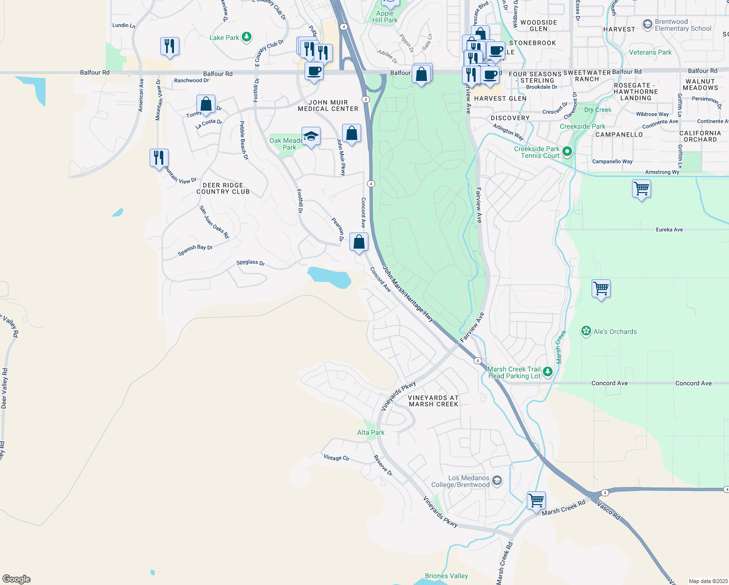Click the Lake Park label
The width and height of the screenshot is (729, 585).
(x=225, y=38)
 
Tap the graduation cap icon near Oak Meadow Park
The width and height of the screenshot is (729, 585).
(x=311, y=136)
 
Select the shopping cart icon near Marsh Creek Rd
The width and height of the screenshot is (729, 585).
(x=536, y=500)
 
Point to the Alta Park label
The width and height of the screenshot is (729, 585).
(x=371, y=433)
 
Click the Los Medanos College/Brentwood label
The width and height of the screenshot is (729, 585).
(x=460, y=482)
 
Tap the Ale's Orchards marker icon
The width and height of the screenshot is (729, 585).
(x=586, y=331)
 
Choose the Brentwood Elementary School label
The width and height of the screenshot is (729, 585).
(x=683, y=25)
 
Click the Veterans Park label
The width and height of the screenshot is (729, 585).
(x=650, y=52)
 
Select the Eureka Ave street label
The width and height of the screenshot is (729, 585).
(x=669, y=230)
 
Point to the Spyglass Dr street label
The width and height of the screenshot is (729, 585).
(x=250, y=263)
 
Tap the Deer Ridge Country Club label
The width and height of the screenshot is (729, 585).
(x=223, y=189)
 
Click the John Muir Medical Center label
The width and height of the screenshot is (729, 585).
(x=328, y=106)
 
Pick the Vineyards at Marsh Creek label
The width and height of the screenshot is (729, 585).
(x=433, y=401)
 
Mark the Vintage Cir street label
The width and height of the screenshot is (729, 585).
(x=336, y=458)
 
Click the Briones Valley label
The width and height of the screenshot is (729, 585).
(x=446, y=576)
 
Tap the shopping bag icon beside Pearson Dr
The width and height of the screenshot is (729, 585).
(x=359, y=242)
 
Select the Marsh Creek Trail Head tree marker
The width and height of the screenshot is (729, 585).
(x=548, y=372)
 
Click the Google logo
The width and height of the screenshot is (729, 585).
(x=17, y=579)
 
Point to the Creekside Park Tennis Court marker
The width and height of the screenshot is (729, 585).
(x=567, y=152)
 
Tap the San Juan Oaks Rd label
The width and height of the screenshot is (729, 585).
(x=214, y=222)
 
